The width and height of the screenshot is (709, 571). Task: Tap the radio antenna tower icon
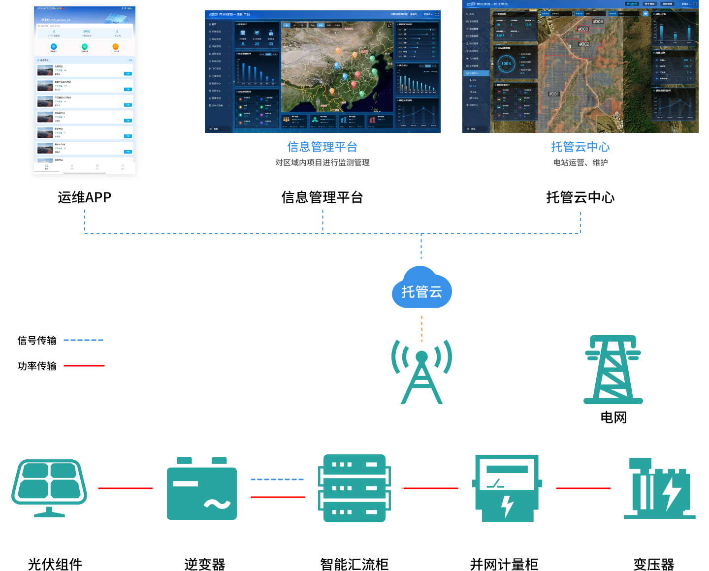click(x=421, y=372)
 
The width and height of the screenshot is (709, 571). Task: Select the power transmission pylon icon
click(x=613, y=370)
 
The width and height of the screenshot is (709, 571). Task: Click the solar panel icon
click(x=49, y=488)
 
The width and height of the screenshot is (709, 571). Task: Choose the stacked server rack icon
click(x=354, y=488)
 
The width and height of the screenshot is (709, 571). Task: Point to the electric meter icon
click(x=507, y=488)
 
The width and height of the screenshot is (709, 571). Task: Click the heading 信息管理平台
click(x=322, y=147)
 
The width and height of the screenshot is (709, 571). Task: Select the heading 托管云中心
click(x=580, y=147)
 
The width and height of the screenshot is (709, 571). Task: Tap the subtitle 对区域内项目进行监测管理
click(x=322, y=162)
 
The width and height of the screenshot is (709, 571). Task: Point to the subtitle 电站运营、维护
click(x=580, y=162)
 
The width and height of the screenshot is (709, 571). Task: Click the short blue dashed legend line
click(x=84, y=340)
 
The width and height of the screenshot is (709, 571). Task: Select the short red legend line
click(x=84, y=366)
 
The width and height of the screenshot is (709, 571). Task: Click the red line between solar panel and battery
click(x=126, y=488)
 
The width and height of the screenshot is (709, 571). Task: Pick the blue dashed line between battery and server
click(x=278, y=479)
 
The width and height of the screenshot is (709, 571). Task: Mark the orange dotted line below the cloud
click(x=421, y=329)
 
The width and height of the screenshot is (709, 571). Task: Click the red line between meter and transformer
click(x=583, y=488)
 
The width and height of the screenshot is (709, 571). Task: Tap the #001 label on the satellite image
click(x=554, y=94)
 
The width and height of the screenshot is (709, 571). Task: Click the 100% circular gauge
click(x=506, y=63)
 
